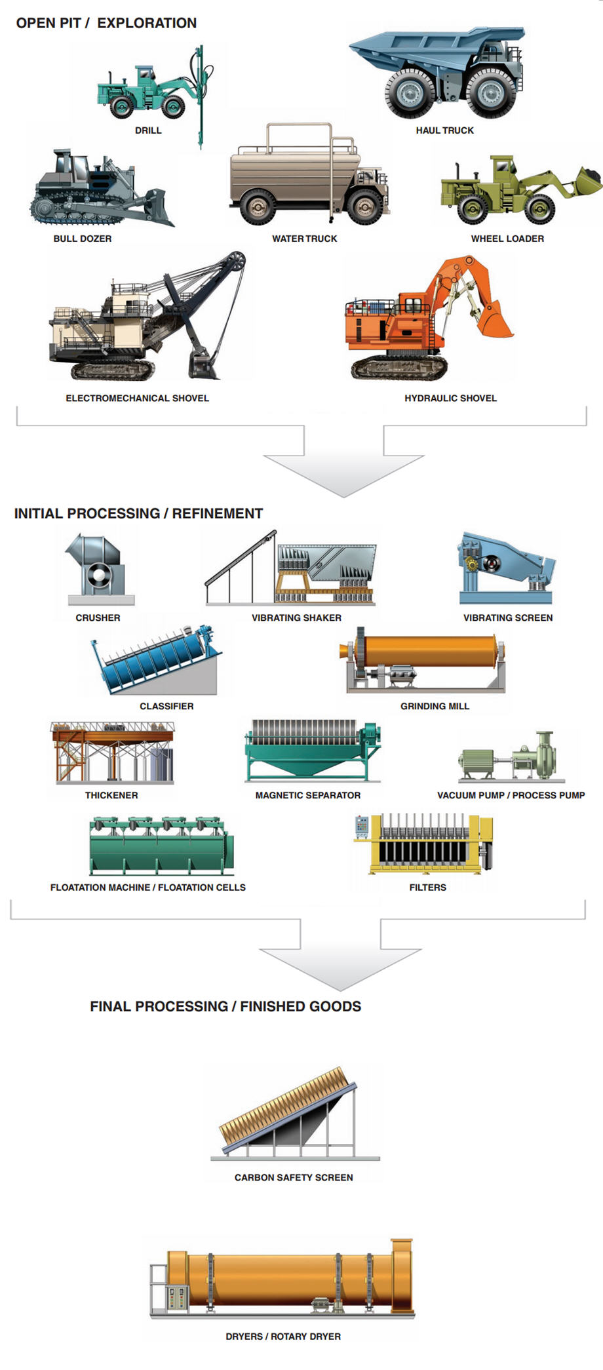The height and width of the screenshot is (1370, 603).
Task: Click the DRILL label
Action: tap(148, 130)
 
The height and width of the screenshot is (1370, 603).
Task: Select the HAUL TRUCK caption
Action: tap(444, 130)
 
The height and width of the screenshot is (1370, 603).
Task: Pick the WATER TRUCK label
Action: tap(305, 239)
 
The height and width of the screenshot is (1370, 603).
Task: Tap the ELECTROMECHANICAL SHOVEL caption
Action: tap(137, 398)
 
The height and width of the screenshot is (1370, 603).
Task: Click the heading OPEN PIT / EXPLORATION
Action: tap(106, 23)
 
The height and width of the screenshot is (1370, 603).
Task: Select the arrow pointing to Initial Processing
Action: tap(343, 469)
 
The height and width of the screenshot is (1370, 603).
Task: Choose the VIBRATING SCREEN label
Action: tap(508, 617)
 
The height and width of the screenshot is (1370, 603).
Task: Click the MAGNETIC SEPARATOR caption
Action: tap(307, 795)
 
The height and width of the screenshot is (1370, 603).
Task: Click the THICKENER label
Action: tap(111, 795)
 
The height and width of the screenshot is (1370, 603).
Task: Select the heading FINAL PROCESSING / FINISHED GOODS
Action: tap(225, 1006)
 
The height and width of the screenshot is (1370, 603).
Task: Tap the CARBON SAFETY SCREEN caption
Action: tap(294, 1177)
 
